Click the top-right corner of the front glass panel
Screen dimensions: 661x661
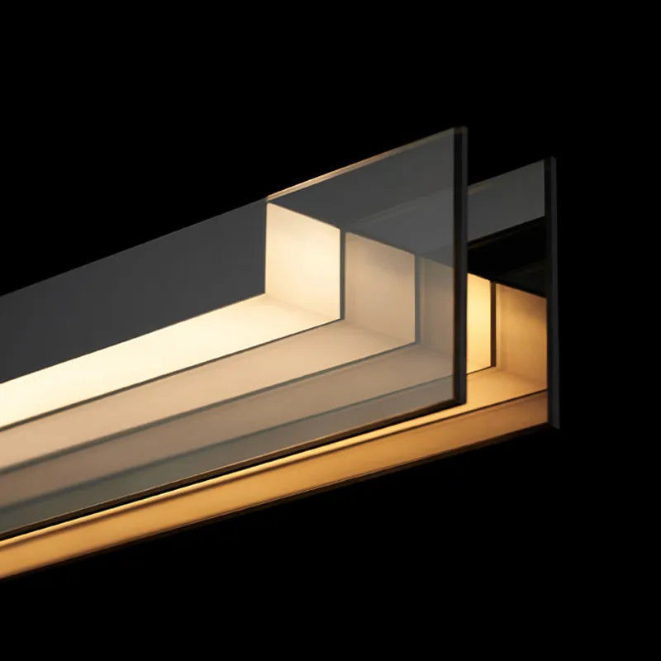(x=464, y=130)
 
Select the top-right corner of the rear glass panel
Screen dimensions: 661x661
(x=553, y=159)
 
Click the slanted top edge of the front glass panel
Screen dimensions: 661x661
(x=364, y=165)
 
